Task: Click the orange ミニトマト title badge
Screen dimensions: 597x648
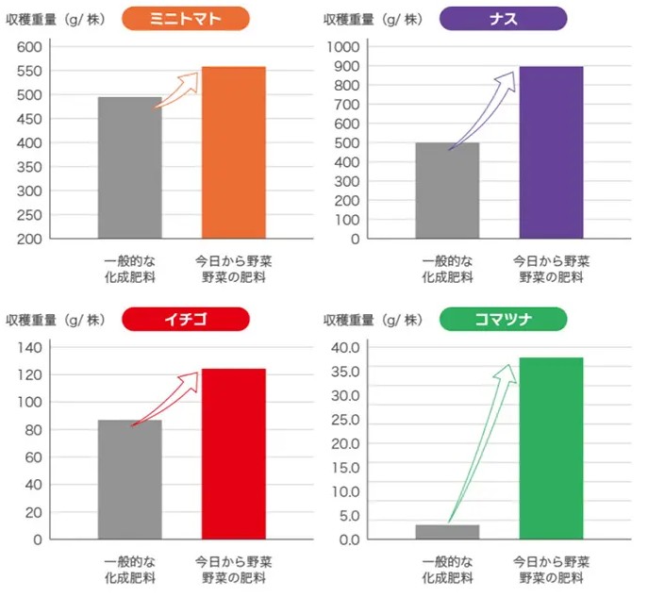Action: point(186,19)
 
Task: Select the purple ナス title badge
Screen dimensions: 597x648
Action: point(504,19)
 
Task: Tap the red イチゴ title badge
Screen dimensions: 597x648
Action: point(186,320)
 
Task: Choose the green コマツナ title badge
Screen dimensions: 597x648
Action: point(504,320)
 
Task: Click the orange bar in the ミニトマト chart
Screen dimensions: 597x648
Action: point(233,153)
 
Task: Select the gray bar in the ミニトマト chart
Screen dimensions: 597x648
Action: point(130,168)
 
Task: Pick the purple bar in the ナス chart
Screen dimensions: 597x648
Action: point(551,153)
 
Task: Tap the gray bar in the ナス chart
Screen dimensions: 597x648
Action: point(447,191)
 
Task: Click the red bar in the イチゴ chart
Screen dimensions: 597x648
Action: point(233,454)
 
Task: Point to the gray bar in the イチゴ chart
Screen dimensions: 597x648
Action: point(130,480)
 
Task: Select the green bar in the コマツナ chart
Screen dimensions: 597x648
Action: point(551,448)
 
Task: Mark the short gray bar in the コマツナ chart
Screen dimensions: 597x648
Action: point(447,532)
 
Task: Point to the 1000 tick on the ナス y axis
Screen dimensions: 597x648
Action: point(342,47)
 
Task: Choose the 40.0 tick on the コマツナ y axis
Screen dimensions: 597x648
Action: point(345,348)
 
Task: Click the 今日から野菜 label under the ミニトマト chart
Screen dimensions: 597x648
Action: point(233,259)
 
